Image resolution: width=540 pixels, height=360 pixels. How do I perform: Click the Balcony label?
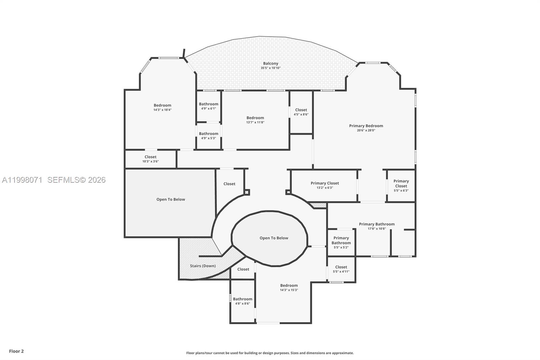(x=271, y=63)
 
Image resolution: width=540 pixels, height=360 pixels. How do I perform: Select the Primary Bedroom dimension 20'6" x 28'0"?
(x=366, y=130)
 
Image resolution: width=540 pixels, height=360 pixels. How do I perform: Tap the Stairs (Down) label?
(x=202, y=266)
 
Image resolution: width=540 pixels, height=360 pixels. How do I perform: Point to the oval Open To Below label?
(x=274, y=238)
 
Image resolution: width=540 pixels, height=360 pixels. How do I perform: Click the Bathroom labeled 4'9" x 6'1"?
(x=209, y=106)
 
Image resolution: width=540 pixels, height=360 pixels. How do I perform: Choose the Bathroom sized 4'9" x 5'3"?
(x=209, y=136)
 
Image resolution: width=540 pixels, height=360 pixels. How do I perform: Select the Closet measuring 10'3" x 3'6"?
(x=151, y=159)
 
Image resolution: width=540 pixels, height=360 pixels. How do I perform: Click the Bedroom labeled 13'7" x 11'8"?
(x=255, y=120)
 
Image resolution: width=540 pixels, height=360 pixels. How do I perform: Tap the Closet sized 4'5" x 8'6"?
(x=301, y=112)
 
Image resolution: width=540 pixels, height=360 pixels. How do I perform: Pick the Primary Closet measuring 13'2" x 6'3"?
(x=325, y=185)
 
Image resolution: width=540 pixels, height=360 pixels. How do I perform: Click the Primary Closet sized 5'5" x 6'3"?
(x=401, y=186)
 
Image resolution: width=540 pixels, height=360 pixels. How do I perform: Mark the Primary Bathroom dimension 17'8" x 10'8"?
(x=377, y=229)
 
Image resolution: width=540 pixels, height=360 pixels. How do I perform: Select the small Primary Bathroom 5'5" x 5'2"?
(x=341, y=242)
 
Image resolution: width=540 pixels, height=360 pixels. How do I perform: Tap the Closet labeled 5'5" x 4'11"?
(x=341, y=269)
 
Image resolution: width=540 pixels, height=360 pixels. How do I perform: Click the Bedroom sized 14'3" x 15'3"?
(x=289, y=287)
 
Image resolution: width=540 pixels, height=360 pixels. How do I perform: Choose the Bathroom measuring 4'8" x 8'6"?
(x=242, y=301)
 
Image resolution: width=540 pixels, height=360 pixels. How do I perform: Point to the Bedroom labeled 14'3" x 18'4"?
(x=162, y=107)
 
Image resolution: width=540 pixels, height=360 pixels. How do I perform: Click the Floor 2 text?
(x=16, y=351)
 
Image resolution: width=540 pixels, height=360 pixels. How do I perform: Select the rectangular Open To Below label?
(x=170, y=200)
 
